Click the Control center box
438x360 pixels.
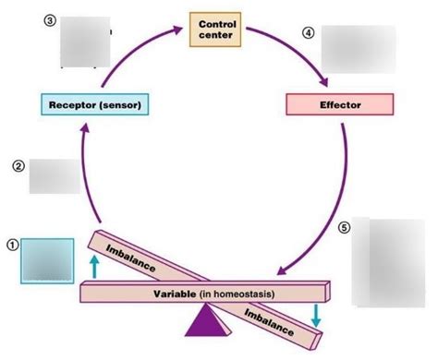217,29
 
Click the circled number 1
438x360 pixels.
12,245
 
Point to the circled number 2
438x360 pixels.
18,166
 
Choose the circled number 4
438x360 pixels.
308,32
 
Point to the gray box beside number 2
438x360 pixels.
55,175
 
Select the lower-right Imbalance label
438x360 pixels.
270,320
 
